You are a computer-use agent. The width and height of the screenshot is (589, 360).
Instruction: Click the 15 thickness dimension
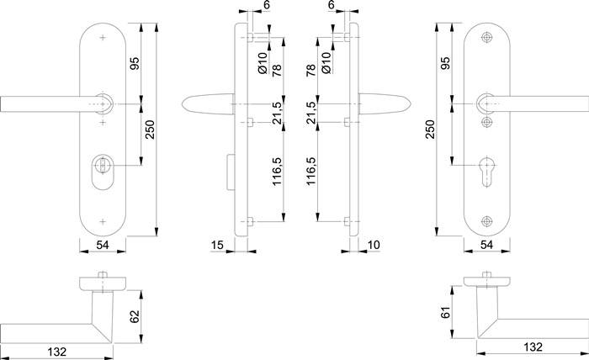(218, 245)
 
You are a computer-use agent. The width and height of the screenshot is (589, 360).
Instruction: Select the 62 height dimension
(135, 316)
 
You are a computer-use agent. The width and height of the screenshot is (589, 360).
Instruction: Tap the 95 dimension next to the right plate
(445, 63)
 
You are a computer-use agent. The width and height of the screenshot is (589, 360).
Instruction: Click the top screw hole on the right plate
(487, 39)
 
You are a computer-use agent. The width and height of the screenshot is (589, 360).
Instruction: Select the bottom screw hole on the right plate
(487, 223)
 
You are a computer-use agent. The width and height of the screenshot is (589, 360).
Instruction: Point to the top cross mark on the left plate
(103, 39)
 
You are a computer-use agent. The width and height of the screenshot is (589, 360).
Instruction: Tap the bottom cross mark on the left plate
(103, 222)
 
